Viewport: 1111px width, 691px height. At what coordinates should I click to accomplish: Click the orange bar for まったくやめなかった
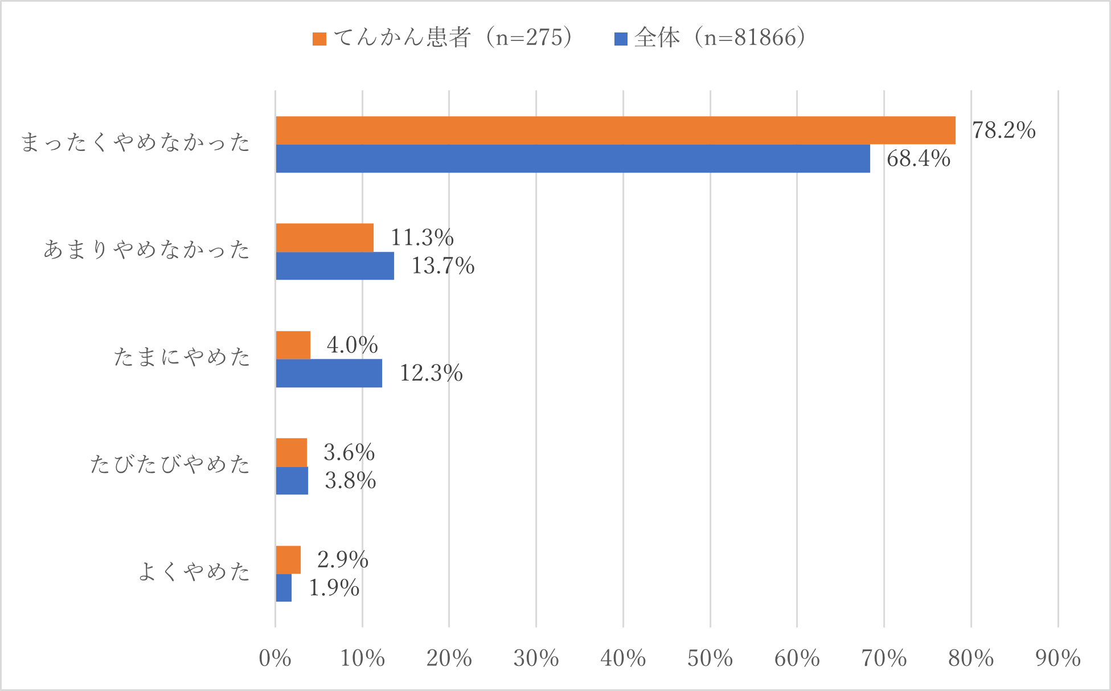click(x=615, y=130)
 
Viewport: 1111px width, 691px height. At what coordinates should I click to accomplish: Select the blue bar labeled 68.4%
click(x=572, y=158)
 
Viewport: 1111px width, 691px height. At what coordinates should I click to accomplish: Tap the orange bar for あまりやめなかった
click(x=325, y=238)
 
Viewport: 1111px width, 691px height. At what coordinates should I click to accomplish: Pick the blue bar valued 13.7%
click(x=335, y=266)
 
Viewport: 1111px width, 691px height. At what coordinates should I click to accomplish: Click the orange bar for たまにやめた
click(x=293, y=345)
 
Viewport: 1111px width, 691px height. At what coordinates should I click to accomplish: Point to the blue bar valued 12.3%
click(x=329, y=373)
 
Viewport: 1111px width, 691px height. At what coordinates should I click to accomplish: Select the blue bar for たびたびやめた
click(x=292, y=481)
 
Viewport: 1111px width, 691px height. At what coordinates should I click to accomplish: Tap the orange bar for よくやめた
click(x=288, y=560)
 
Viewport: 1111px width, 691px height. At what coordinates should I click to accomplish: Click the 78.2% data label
click(x=1003, y=130)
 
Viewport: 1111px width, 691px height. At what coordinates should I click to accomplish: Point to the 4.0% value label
click(x=352, y=345)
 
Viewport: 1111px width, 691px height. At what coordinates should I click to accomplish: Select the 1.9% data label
click(x=334, y=588)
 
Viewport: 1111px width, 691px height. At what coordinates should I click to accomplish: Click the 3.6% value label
click(x=349, y=453)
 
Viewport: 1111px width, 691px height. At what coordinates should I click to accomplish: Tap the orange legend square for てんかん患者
click(x=319, y=39)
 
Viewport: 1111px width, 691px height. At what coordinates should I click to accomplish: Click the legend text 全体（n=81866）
click(x=720, y=38)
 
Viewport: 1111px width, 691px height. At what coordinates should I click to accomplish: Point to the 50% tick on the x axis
click(x=710, y=659)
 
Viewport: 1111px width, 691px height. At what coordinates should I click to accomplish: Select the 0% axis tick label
click(x=275, y=659)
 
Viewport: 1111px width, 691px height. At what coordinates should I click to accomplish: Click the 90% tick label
click(x=1057, y=659)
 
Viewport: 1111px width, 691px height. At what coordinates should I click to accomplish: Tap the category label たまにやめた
click(x=182, y=357)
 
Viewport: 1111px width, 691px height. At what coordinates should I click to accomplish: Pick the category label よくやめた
click(x=194, y=572)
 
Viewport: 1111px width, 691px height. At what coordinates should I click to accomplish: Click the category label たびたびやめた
click(x=170, y=465)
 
